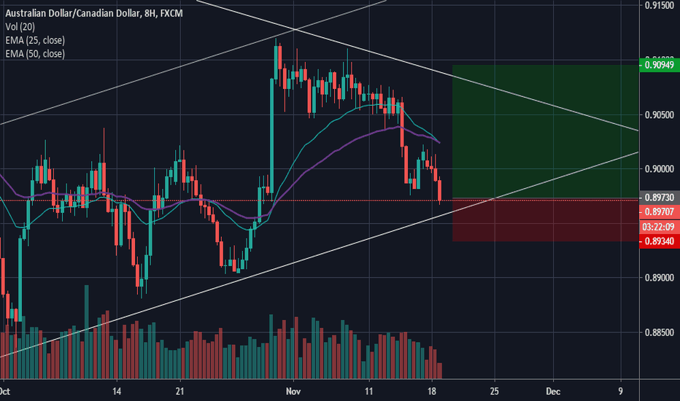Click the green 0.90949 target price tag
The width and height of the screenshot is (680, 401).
pos(660,65)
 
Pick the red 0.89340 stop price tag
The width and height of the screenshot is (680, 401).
pos(660,241)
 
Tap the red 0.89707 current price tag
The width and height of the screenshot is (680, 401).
pos(660,211)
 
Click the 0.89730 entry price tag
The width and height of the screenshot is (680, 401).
pos(660,198)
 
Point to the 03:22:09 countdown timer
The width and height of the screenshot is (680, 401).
pos(660,226)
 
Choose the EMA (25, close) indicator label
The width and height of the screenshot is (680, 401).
pos(35,41)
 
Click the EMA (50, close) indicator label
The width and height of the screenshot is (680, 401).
pos(35,53)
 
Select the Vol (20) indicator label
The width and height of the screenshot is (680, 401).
pos(22,28)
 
